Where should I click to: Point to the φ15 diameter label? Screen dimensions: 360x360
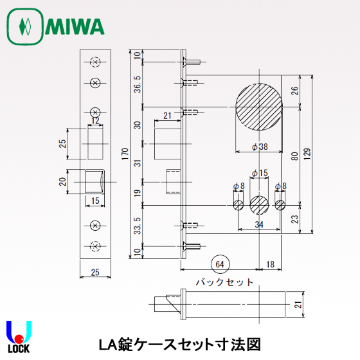(x=259, y=174)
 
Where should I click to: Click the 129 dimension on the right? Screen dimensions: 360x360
(x=309, y=154)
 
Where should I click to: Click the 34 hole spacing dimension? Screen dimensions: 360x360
(x=258, y=224)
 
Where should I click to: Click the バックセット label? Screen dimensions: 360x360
(x=223, y=282)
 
